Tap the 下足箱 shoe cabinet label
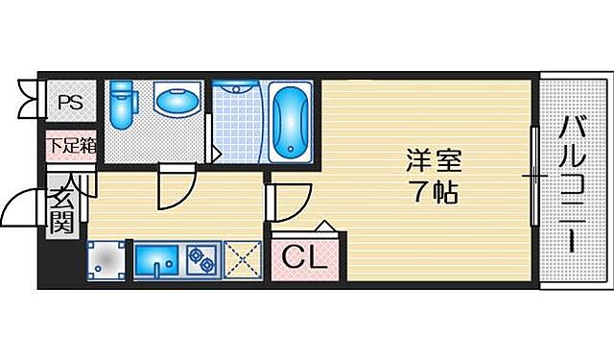(x=71, y=146)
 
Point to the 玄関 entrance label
(x=61, y=211)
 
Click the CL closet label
(x=305, y=257)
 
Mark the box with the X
(x=243, y=258)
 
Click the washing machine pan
(x=107, y=258)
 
